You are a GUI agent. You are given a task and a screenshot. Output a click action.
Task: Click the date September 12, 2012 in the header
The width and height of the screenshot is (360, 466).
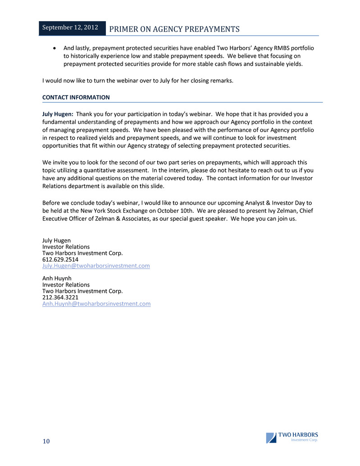pyautogui.click(x=69, y=27)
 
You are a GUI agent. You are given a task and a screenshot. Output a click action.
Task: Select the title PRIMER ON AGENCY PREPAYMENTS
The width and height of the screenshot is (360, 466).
pyautogui.click(x=175, y=29)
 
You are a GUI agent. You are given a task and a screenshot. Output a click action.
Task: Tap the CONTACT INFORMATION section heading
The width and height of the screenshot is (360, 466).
pyautogui.click(x=76, y=97)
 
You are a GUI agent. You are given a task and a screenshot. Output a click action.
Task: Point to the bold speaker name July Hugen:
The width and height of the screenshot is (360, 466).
pyautogui.click(x=58, y=114)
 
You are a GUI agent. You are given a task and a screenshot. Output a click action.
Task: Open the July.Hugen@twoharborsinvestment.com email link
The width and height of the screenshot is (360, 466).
pyautogui.click(x=96, y=266)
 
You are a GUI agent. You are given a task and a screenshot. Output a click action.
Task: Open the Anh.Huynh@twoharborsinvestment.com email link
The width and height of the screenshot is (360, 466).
pyautogui.click(x=96, y=304)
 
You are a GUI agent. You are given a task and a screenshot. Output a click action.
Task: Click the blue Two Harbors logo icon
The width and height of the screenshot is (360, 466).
pyautogui.click(x=271, y=438)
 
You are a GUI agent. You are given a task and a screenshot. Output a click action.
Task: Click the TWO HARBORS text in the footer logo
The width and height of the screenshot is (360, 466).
pyautogui.click(x=298, y=435)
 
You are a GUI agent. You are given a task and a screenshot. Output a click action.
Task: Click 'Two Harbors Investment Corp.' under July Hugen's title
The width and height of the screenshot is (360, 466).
pyautogui.click(x=82, y=253)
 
